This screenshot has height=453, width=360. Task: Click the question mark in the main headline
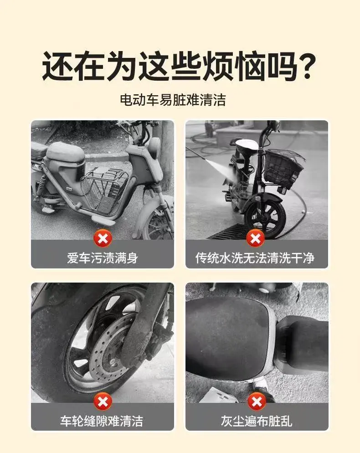tap(304, 67)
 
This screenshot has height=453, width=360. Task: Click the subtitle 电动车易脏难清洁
tap(173, 100)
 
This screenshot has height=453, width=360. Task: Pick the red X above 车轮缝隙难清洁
tap(103, 402)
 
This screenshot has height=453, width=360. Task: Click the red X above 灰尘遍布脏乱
tap(257, 402)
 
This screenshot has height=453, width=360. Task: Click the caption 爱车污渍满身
tap(103, 258)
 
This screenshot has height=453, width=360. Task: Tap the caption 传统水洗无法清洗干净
tap(255, 258)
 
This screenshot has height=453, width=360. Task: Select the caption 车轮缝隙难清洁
tap(102, 421)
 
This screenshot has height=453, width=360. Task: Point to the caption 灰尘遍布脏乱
tap(257, 421)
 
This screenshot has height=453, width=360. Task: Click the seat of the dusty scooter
tap(65, 152)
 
